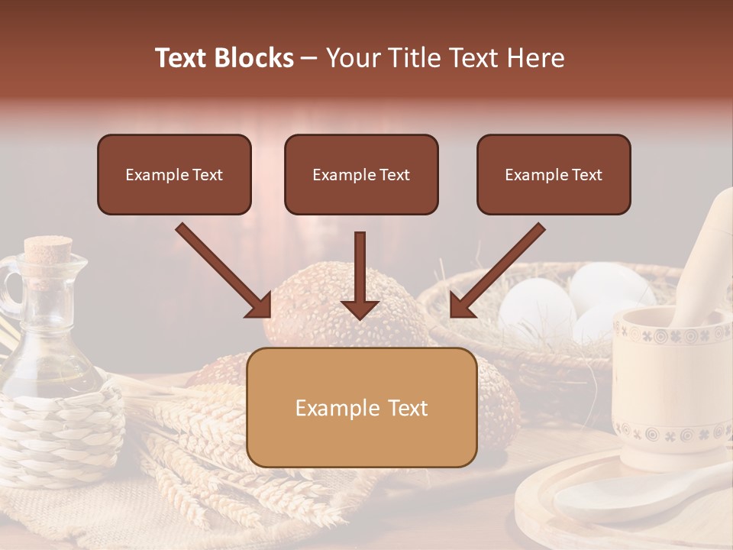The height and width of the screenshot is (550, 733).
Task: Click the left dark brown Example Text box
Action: (x=174, y=174)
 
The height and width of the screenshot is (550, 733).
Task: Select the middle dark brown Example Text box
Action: (x=361, y=174)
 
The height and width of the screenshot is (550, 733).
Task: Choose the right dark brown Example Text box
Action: (x=554, y=174)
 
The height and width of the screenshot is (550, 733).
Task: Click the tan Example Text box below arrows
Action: (x=362, y=407)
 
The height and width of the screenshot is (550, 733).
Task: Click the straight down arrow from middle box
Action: (x=360, y=275)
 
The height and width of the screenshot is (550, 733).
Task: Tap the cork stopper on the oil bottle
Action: (x=47, y=249)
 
